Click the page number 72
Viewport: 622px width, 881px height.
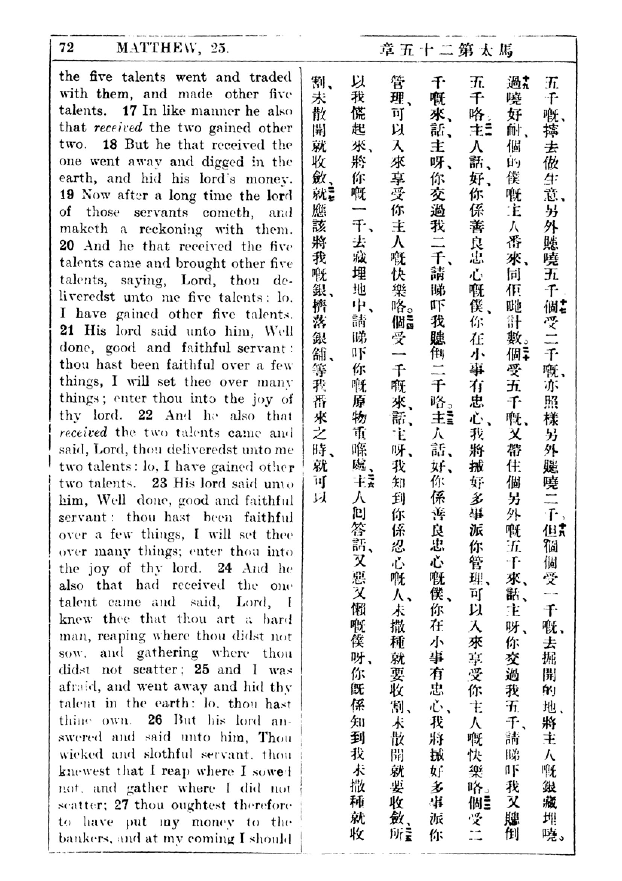pyautogui.click(x=66, y=48)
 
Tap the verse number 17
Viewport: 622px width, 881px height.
pyautogui.click(x=129, y=111)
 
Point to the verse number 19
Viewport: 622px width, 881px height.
pyautogui.click(x=67, y=195)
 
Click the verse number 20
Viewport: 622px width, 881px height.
pyautogui.click(x=67, y=246)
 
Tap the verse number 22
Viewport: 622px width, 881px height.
pyautogui.click(x=146, y=415)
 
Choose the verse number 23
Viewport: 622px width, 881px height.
pyautogui.click(x=160, y=483)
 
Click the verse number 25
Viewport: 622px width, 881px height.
pyautogui.click(x=202, y=669)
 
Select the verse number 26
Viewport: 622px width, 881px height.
pyautogui.click(x=155, y=720)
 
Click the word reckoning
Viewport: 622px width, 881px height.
pyautogui.click(x=170, y=229)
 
